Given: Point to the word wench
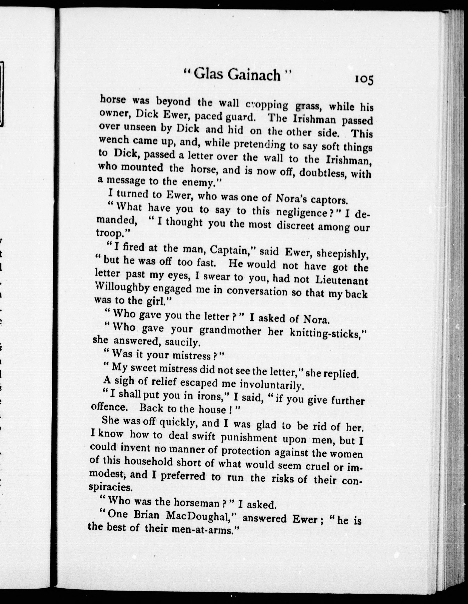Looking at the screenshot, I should pos(113,140).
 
